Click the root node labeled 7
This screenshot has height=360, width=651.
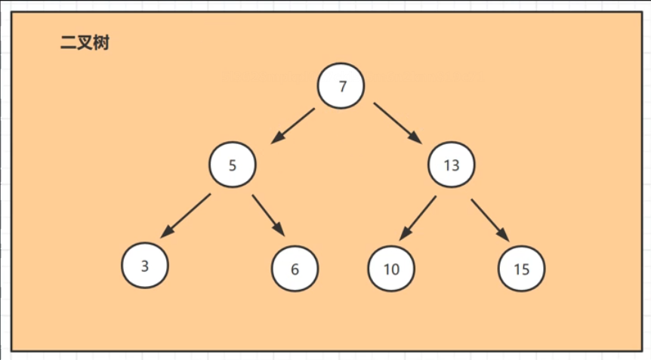(341, 86)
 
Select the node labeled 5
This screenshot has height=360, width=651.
(233, 165)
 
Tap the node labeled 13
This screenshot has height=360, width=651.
(452, 165)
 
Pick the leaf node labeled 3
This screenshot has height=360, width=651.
(145, 265)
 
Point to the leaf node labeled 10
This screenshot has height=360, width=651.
(391, 269)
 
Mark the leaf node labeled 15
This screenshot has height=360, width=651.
(521, 269)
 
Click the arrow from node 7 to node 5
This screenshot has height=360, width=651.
(293, 125)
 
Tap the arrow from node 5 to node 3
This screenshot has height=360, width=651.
(187, 214)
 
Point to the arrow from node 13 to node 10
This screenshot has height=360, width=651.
(418, 217)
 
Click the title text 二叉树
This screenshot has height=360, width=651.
(85, 44)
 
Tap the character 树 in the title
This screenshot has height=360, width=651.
(101, 44)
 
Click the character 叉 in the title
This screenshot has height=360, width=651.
(85, 44)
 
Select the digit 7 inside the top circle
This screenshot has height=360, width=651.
(342, 86)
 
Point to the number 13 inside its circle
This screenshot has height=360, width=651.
(452, 165)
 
